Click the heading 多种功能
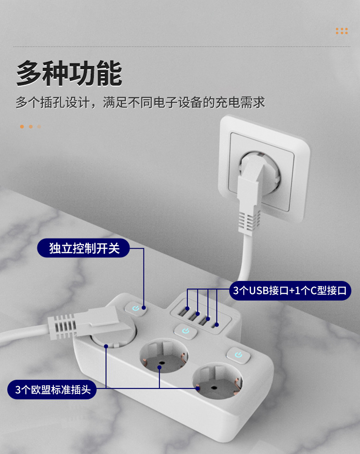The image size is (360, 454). pos(69,74)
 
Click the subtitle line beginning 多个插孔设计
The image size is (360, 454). pos(140,102)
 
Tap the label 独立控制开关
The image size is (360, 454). pos(84,249)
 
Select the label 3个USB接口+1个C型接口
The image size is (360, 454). pos(290,290)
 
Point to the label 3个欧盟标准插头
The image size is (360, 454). pos(52,390)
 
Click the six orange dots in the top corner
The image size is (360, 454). pos(341,31)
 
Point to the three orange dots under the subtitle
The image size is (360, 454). pos(30,127)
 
